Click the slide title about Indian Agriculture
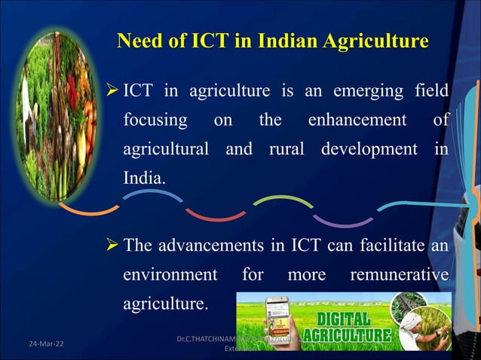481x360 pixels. [x=273, y=41]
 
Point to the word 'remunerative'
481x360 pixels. [x=399, y=275]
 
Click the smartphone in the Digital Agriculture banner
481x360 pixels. [x=277, y=321]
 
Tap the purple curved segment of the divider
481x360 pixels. [x=342, y=221]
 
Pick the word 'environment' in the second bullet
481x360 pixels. [x=170, y=275]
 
